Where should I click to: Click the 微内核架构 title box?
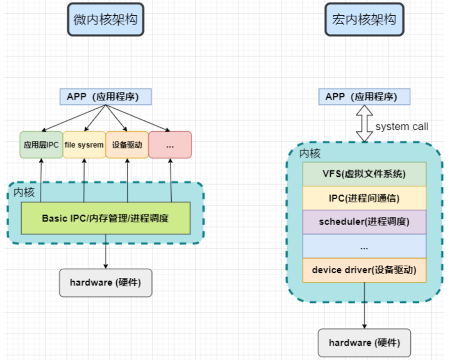(106, 20)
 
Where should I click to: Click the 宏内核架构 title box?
(364, 20)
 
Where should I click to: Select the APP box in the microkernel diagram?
(106, 97)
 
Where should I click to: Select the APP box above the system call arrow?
(364, 97)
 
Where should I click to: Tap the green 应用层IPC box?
(41, 145)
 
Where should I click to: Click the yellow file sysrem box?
(84, 145)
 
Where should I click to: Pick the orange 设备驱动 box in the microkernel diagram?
(127, 145)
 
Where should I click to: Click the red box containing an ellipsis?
(170, 145)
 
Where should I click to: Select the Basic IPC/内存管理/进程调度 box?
(106, 218)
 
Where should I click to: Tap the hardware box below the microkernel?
(106, 283)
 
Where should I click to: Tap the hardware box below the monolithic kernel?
(364, 343)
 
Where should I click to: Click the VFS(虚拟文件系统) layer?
(364, 174)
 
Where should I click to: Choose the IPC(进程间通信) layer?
(364, 198)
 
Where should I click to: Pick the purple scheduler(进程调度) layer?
(364, 222)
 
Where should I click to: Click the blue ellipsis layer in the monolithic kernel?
(364, 246)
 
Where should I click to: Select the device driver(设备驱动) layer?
(364, 270)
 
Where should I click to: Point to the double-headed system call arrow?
(364, 123)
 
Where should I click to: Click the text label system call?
(402, 126)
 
